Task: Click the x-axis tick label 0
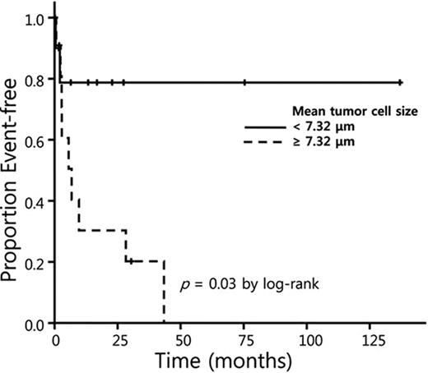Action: [54, 338]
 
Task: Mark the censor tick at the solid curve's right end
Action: [400, 82]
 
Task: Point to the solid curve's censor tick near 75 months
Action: [245, 82]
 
